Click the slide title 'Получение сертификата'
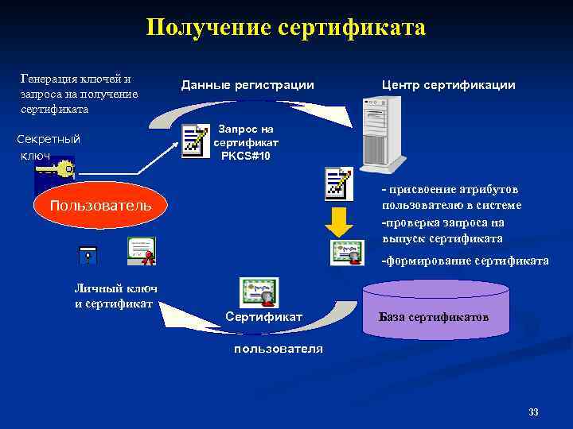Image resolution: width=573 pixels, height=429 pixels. click(x=286, y=29)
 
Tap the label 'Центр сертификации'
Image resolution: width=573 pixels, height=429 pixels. click(x=448, y=85)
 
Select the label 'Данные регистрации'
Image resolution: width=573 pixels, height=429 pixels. click(x=248, y=85)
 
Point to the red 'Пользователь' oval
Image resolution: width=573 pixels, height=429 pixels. click(x=100, y=206)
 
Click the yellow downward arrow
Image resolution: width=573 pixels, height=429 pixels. click(x=340, y=222)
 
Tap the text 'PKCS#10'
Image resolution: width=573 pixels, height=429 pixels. click(x=246, y=156)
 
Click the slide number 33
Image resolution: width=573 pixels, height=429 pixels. click(x=533, y=412)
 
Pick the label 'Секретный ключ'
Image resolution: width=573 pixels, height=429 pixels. click(x=48, y=147)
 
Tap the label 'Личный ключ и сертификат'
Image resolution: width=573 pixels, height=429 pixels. click(x=115, y=296)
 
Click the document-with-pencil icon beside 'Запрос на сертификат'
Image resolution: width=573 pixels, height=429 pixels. click(x=194, y=140)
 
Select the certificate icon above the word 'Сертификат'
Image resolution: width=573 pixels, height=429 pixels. click(x=259, y=292)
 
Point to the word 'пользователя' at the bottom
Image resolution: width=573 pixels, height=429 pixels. click(x=279, y=349)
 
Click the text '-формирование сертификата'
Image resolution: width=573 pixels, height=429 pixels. click(x=465, y=261)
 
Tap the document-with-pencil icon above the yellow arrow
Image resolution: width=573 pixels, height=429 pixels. click(x=339, y=183)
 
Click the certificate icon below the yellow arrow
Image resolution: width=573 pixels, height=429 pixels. click(x=347, y=253)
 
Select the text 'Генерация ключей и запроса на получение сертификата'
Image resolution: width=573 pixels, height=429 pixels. click(x=79, y=94)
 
